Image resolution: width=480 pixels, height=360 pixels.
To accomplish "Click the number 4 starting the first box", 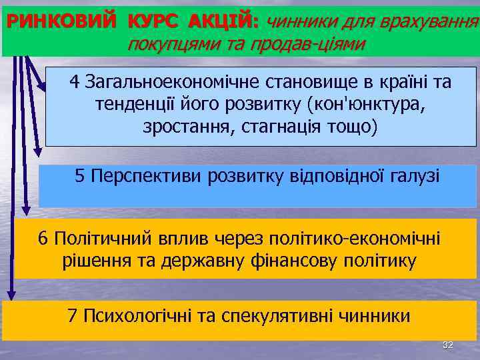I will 74,82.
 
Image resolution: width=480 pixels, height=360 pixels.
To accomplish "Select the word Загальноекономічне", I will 174,82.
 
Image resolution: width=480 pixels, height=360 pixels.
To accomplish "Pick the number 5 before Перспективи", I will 80,176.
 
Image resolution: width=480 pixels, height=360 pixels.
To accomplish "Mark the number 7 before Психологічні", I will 73,315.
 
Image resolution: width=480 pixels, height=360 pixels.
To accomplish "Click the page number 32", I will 448,345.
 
